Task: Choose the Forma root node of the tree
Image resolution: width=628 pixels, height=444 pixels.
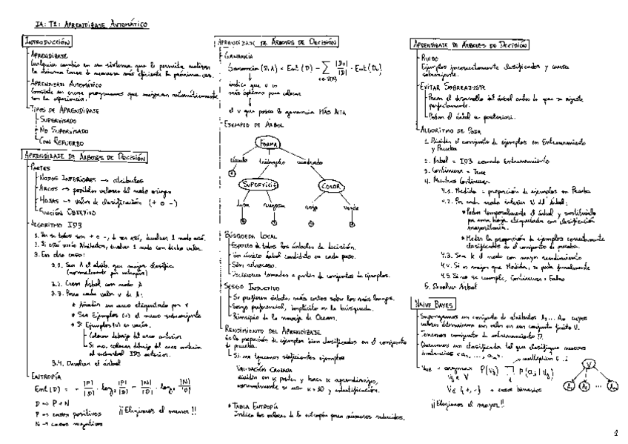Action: click(x=267, y=143)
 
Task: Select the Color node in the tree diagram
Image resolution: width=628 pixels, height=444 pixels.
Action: click(x=330, y=186)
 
